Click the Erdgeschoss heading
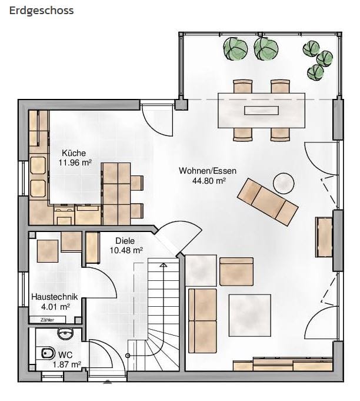tap(41, 11)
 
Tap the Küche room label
tap(74, 153)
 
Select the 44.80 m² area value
tap(209, 181)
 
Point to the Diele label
tap(125, 241)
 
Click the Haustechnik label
tap(55, 297)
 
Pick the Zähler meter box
tap(48, 320)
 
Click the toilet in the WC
tap(48, 354)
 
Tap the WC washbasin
tap(66, 334)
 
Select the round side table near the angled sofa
tap(284, 183)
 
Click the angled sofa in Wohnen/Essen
tap(268, 202)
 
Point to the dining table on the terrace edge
tap(261, 111)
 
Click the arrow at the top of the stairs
tap(163, 265)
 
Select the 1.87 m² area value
tap(67, 364)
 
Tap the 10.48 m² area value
tap(126, 250)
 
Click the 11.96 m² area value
tap(75, 163)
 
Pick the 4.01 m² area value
tap(55, 306)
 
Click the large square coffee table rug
tap(249, 315)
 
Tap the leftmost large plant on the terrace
tap(235, 49)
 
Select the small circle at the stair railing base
tap(128, 356)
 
